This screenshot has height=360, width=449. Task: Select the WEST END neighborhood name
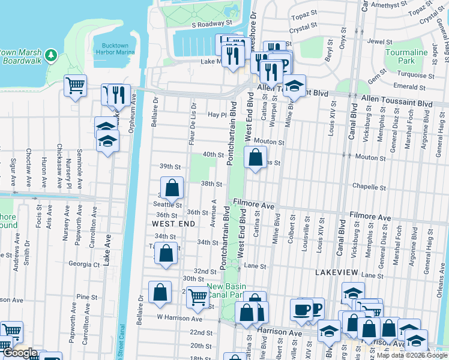173,223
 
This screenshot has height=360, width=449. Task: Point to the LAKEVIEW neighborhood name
337,272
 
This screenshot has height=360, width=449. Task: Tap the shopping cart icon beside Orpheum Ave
75,85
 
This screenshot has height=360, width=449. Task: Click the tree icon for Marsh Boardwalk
51,56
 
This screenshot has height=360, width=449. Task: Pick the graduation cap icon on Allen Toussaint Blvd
294,85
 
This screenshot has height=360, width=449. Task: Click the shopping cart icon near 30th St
197,296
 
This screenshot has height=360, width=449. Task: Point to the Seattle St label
169,205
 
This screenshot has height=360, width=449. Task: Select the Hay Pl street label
215,115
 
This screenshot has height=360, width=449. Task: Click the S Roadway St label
212,24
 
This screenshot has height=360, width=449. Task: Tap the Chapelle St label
368,186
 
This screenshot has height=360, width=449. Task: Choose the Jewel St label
379,42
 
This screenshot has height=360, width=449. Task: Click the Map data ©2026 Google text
411,355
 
